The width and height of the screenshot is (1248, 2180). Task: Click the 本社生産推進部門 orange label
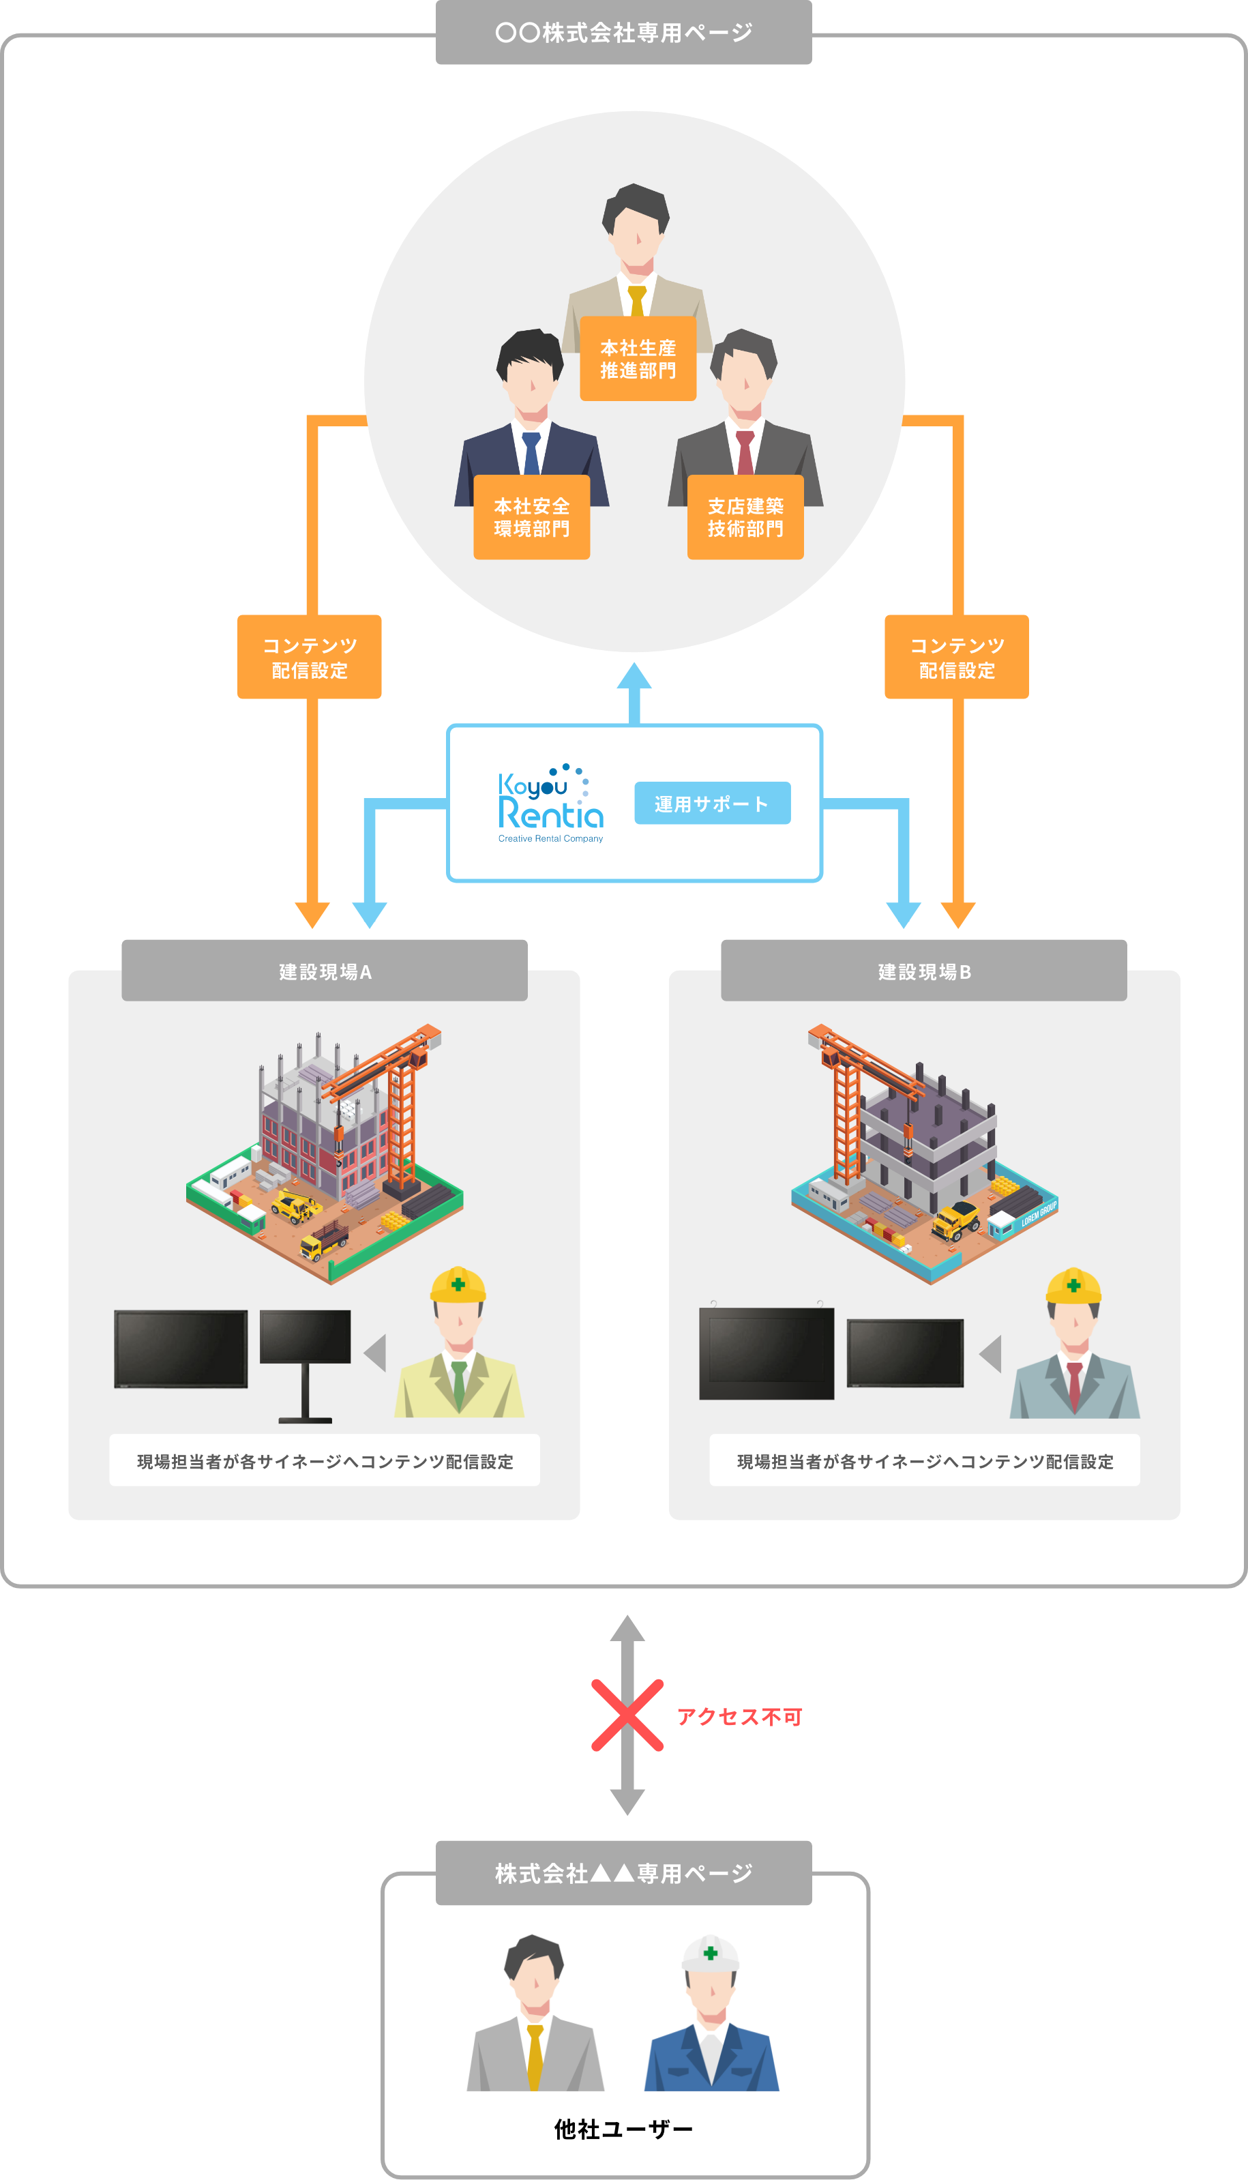(638, 358)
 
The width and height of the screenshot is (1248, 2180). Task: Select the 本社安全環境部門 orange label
(531, 517)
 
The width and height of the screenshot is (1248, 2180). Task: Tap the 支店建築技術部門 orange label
(745, 517)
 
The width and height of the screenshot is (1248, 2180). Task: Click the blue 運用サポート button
(711, 804)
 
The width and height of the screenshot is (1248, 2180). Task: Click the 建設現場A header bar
(324, 971)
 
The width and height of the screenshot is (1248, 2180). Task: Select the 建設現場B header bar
(923, 971)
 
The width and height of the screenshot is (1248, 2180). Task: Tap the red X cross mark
(627, 1715)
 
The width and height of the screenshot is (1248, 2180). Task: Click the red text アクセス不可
(739, 1716)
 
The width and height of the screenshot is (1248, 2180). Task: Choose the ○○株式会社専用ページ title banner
(623, 33)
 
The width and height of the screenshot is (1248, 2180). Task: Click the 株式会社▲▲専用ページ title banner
(623, 1873)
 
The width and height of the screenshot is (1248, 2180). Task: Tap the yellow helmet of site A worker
(458, 1285)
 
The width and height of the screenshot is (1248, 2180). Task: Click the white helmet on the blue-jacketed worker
(710, 1954)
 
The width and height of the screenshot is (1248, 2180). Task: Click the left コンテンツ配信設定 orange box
(310, 657)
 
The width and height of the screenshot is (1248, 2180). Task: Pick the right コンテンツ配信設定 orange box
(957, 657)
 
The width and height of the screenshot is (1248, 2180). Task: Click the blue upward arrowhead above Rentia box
(634, 677)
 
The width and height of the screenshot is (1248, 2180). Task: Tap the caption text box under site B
(924, 1461)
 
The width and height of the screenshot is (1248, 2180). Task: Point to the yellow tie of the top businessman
(636, 300)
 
